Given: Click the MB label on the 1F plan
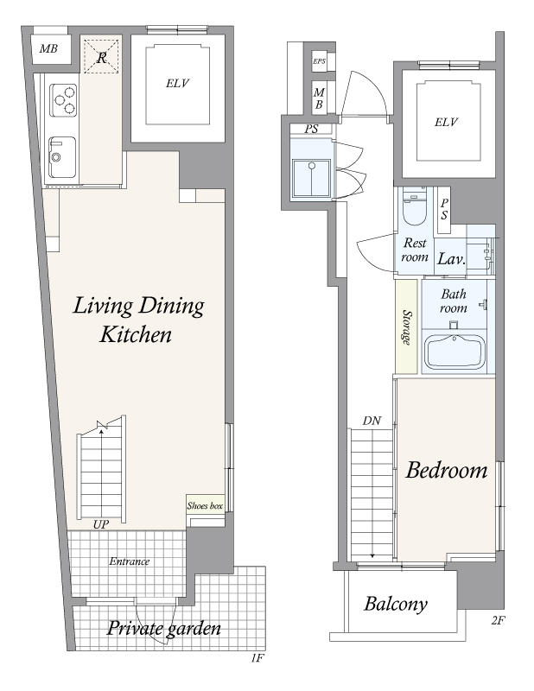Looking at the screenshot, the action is coord(48,48).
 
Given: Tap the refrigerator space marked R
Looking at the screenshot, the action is coord(101,56).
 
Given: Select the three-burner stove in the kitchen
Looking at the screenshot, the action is coord(63,100).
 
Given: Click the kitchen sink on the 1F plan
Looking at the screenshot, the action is coord(61,157).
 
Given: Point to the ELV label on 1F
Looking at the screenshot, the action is coord(177,83).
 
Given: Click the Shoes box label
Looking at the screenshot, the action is coord(205,505).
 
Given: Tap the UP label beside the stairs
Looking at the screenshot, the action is coord(101,524).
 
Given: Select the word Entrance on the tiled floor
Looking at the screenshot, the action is coord(130,561).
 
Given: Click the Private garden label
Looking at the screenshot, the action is coord(163,628).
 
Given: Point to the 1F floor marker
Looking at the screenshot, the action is coord(257,658).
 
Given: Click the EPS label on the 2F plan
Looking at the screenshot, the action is coord(319,61).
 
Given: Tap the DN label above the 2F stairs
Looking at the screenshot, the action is coord(372,421).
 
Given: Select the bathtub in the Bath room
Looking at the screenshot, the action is coord(455,352).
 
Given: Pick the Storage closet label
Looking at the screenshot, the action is coord(407,327).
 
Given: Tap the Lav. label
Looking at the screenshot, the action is coord(451,258).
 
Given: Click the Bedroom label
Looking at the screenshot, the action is coord(447,470).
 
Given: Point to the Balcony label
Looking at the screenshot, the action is coord(396,604).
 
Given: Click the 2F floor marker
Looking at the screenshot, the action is coord(498,620).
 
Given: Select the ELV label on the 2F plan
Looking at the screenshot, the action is coord(446,122).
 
